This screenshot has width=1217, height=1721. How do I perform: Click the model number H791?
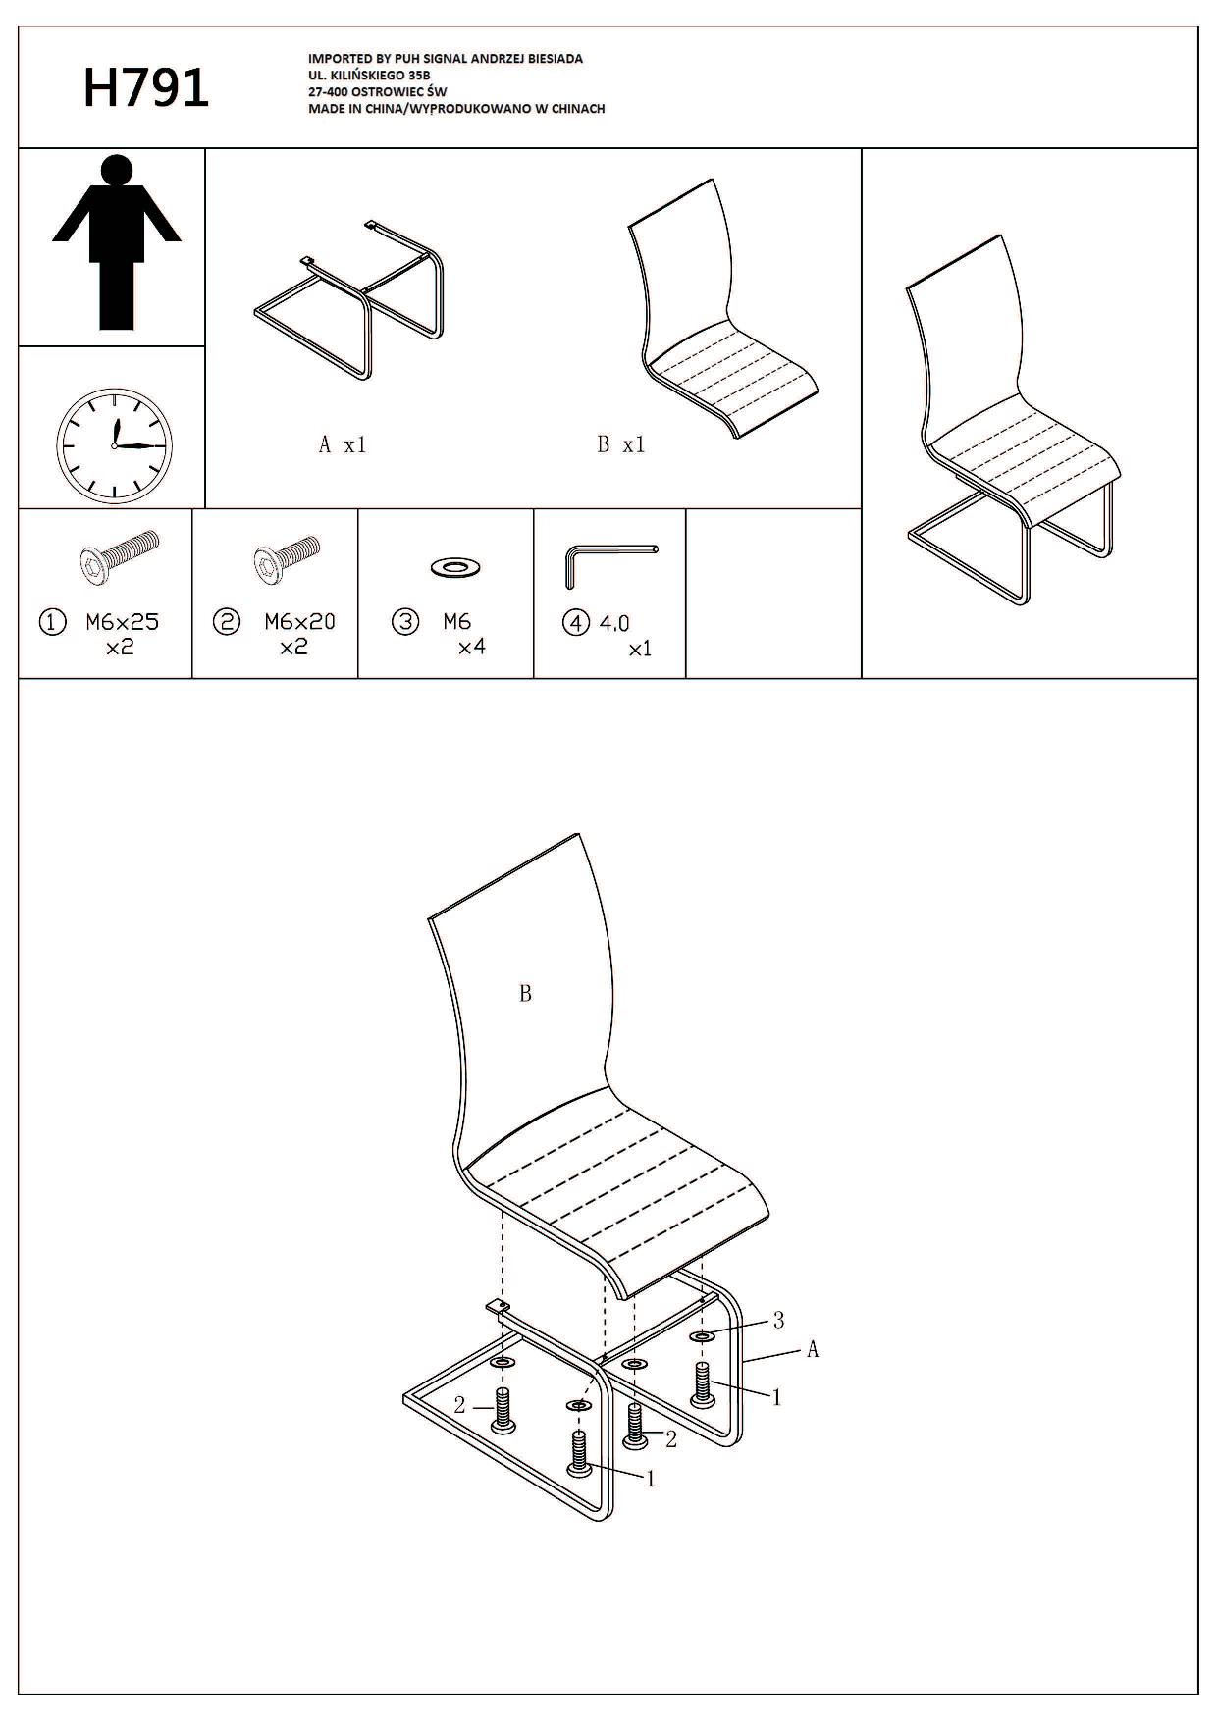click(x=146, y=88)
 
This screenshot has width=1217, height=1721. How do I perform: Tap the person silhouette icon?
click(x=117, y=241)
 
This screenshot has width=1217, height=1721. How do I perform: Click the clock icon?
click(x=114, y=446)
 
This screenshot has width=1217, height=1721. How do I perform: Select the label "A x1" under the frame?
click(x=343, y=444)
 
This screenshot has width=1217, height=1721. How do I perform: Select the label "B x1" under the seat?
click(x=621, y=444)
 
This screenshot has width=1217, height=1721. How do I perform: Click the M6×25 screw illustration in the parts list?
click(x=119, y=554)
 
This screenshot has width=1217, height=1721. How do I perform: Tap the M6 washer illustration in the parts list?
click(x=456, y=566)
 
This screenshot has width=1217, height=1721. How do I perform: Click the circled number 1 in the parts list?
click(x=52, y=622)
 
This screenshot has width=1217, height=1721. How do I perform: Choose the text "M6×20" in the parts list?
click(x=299, y=622)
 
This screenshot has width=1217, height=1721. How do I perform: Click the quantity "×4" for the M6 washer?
click(x=471, y=648)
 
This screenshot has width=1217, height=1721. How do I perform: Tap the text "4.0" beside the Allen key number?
click(x=614, y=623)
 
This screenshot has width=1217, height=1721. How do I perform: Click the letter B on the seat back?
click(x=525, y=994)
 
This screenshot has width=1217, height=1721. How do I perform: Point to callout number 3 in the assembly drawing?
click(x=779, y=1321)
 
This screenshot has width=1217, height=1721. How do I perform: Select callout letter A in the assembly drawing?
click(x=813, y=1350)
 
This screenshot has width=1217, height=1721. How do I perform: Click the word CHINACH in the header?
click(x=578, y=109)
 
